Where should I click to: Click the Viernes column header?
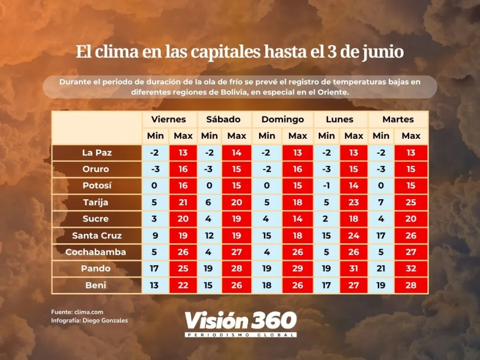168,119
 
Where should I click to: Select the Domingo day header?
282,119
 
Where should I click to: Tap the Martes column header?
398,119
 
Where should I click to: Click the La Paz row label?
97,152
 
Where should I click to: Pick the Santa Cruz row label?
97,236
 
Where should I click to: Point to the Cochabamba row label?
96,252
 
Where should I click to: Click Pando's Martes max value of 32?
411,268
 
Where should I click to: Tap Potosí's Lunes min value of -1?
326,186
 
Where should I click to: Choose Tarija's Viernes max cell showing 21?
183,202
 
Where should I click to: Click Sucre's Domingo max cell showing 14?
298,219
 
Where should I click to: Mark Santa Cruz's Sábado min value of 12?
209,236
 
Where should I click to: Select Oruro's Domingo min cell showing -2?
267,169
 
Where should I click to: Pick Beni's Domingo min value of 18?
267,285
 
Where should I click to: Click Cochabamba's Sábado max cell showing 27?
236,252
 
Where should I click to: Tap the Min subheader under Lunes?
326,136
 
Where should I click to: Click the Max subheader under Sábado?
236,136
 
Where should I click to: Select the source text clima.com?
88,312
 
